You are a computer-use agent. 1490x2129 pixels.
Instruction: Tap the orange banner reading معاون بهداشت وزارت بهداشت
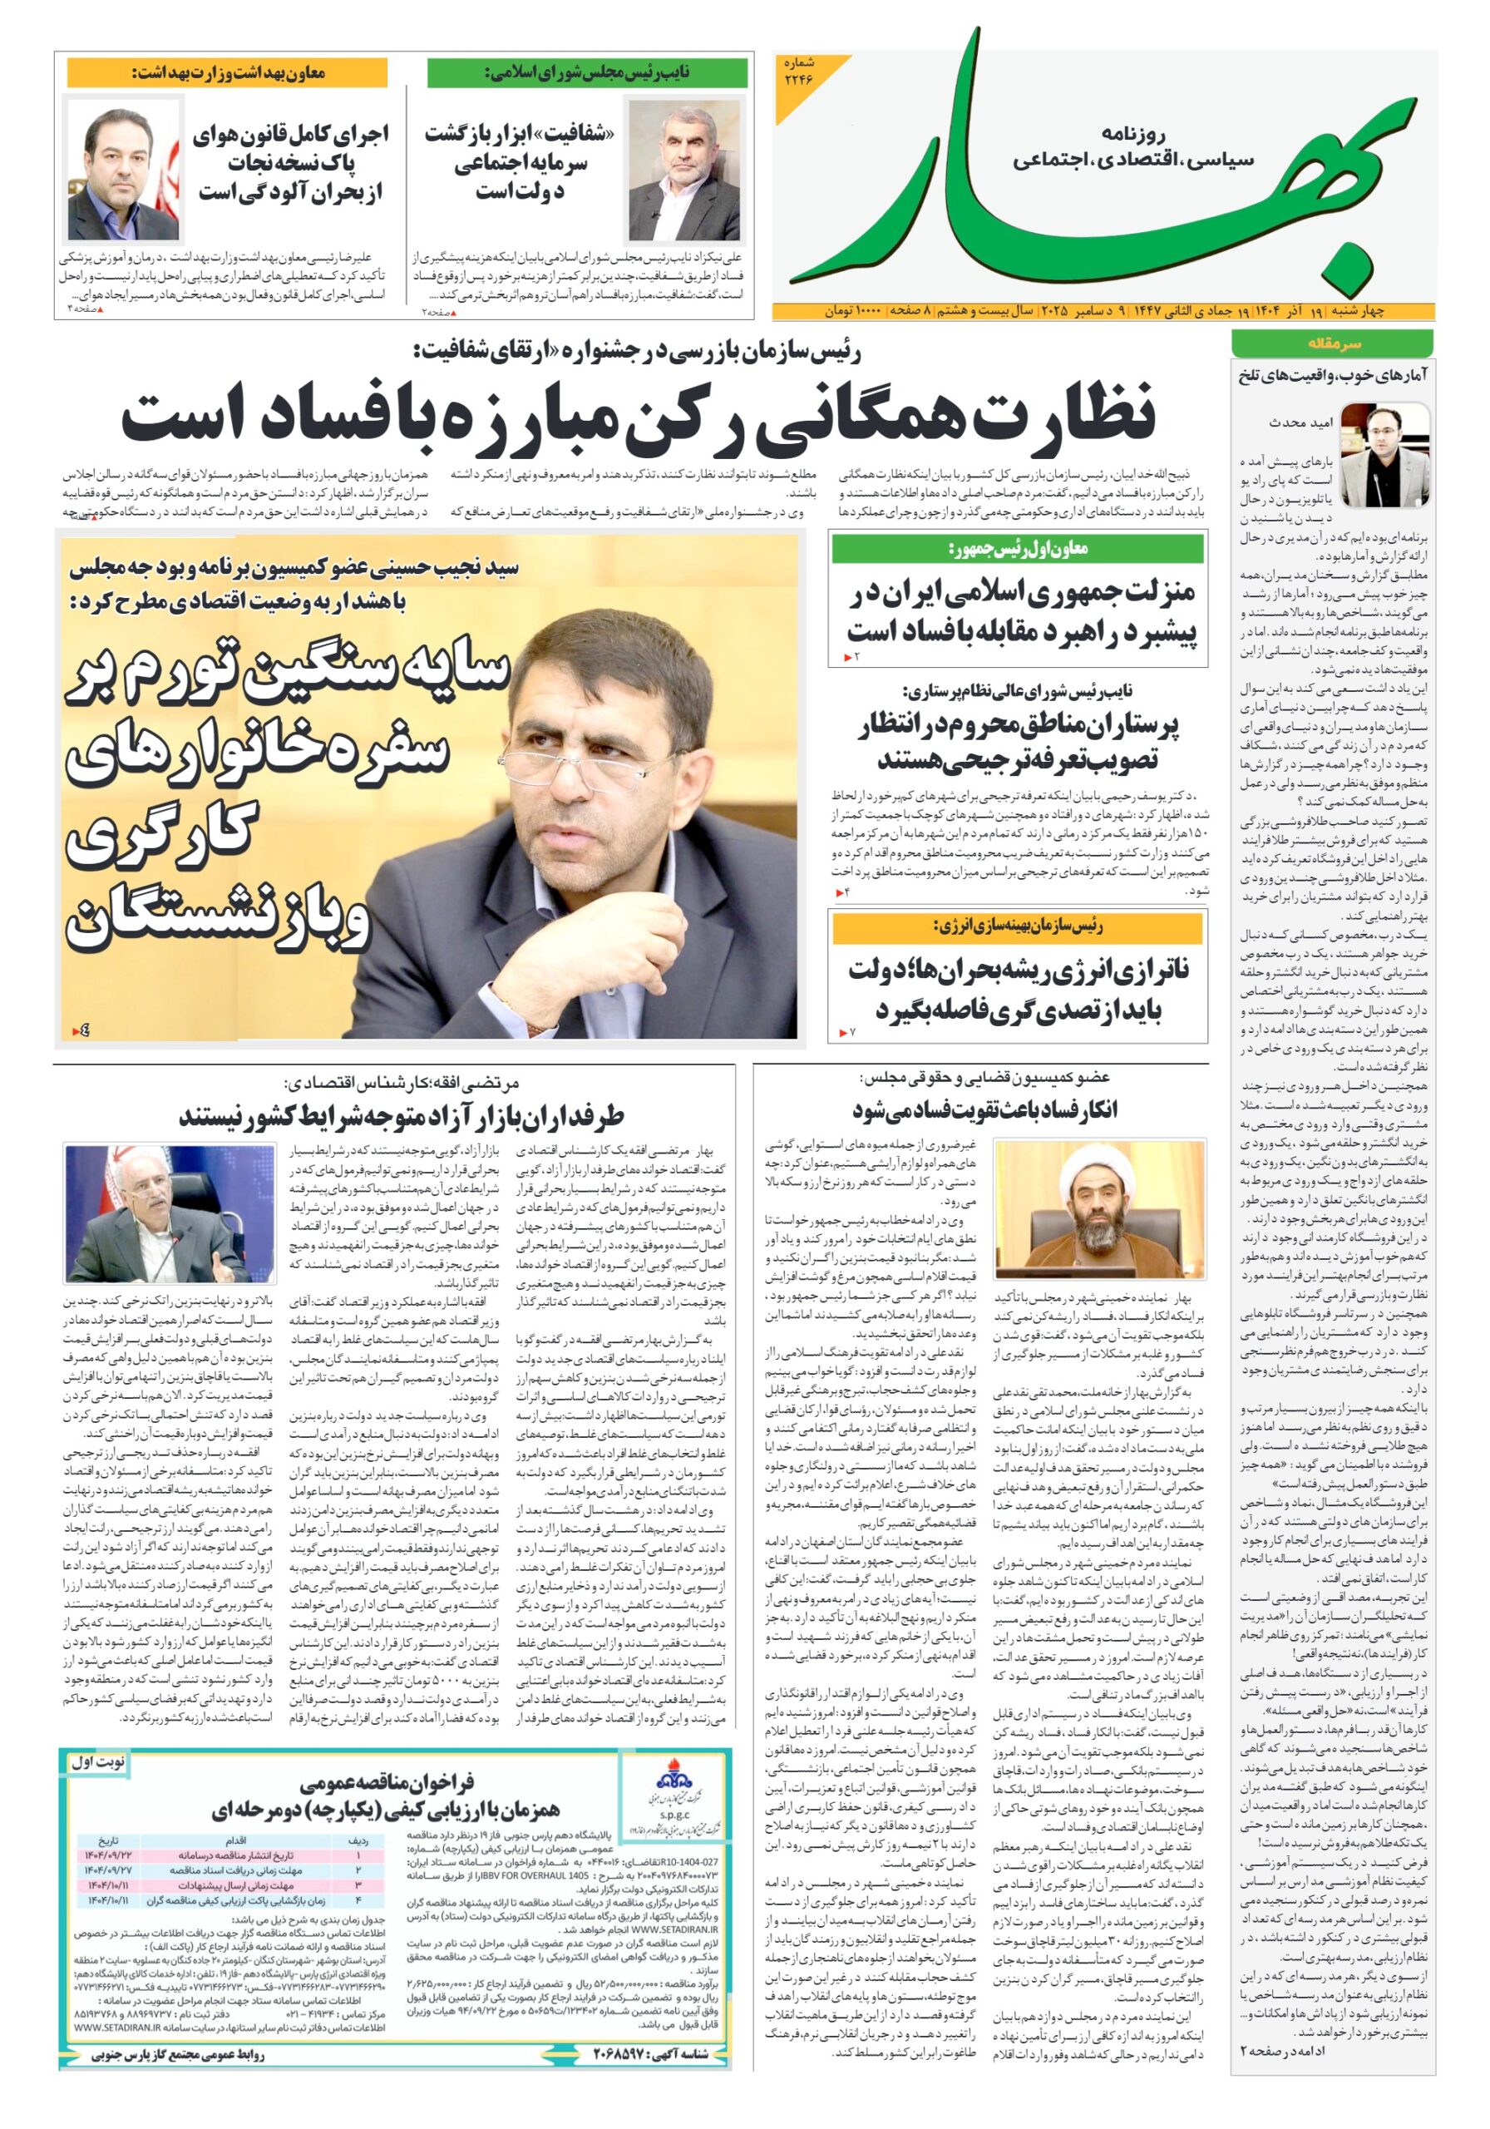coord(227,72)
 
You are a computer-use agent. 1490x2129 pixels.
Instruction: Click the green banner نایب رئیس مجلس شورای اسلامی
coord(586,72)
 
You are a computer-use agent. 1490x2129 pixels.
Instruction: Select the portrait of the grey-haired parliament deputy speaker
coord(683,171)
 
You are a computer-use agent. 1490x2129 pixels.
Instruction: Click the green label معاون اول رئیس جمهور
coord(1017,549)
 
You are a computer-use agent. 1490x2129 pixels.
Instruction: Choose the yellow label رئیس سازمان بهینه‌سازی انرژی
coord(1017,926)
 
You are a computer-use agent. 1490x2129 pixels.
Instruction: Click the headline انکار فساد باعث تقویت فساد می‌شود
coord(984,1109)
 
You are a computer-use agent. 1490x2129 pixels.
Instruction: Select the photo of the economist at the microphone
coord(169,1213)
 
